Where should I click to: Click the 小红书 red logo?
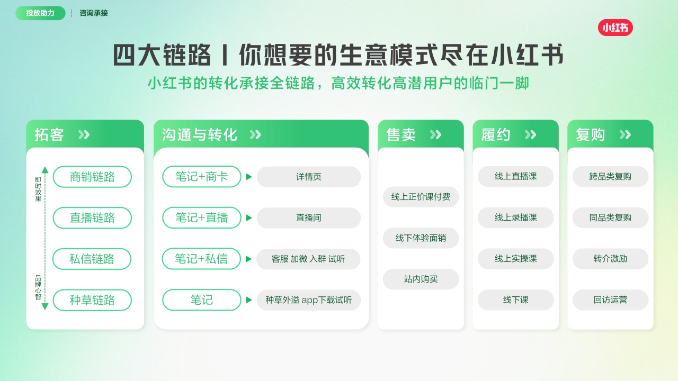coord(615,28)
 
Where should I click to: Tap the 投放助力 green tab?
coord(40,13)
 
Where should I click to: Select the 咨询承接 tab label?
coord(94,13)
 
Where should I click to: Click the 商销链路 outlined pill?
coord(92,177)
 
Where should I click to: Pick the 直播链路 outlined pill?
coord(92,218)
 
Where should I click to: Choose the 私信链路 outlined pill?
coord(92,259)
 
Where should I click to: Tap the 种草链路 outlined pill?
coord(92,300)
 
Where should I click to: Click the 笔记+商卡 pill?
coord(201,177)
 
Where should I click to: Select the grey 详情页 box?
coord(308,177)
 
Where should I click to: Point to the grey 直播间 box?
coord(308,218)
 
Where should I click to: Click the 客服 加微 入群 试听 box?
coord(308,259)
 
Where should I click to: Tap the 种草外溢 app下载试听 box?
coord(308,300)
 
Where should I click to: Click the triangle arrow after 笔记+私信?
coord(249,259)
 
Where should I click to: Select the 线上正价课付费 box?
coord(421,197)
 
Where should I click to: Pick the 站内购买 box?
coord(421,279)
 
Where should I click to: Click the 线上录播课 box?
coord(515,217)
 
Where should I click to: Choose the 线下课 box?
coord(515,300)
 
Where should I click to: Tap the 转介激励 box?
coord(610,259)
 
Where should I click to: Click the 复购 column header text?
coord(590,135)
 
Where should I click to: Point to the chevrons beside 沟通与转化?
coord(255,135)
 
